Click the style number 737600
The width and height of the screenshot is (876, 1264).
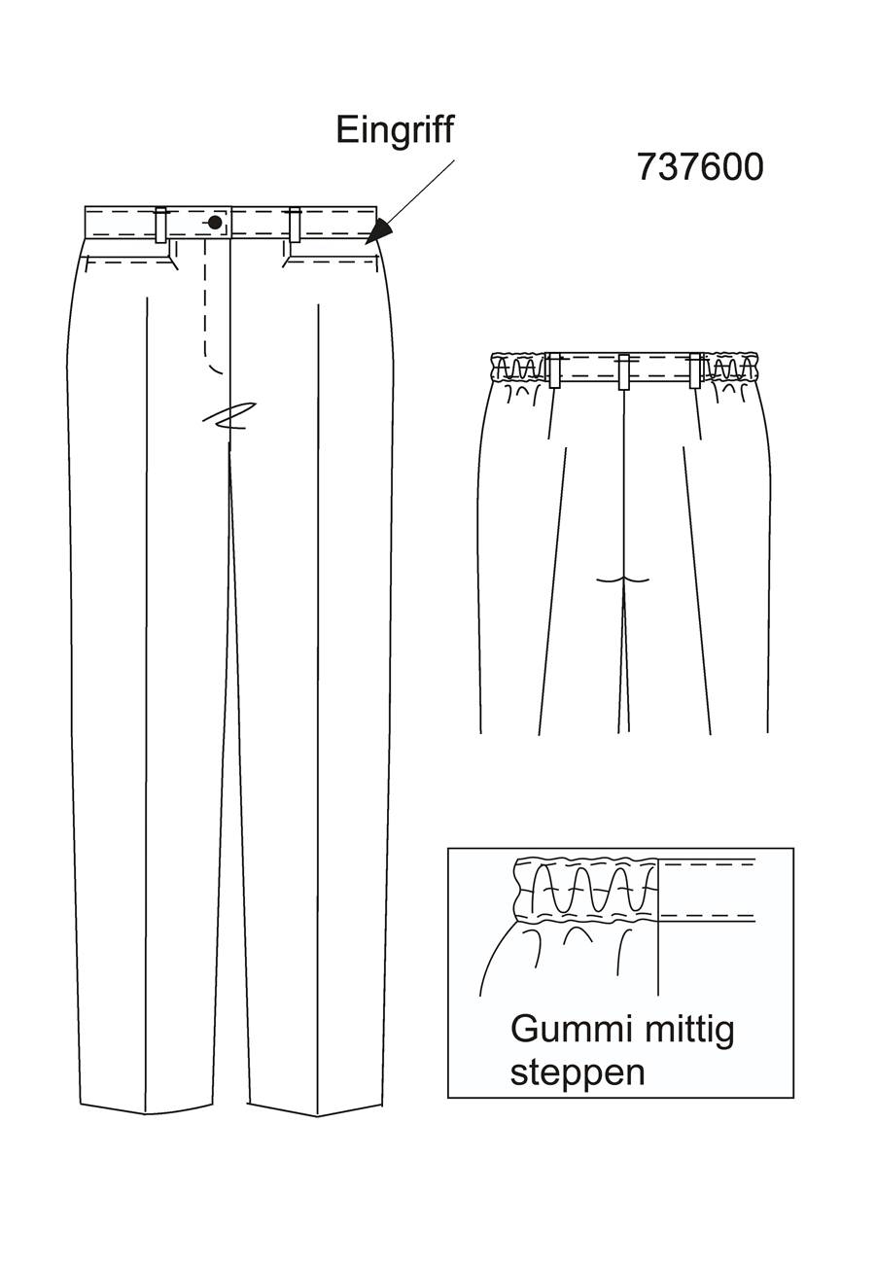pyautogui.click(x=700, y=167)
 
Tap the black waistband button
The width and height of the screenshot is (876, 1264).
pyautogui.click(x=215, y=223)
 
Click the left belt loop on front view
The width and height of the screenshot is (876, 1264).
pyautogui.click(x=161, y=225)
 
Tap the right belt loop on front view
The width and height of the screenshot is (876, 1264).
pyautogui.click(x=294, y=225)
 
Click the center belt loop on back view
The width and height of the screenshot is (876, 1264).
pyautogui.click(x=623, y=371)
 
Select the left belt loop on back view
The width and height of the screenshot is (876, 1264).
pyautogui.click(x=554, y=370)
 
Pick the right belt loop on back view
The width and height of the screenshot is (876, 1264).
pyautogui.click(x=695, y=370)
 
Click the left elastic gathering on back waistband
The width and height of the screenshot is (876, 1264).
pyautogui.click(x=519, y=368)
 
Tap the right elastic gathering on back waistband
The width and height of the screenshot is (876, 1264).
pyautogui.click(x=730, y=368)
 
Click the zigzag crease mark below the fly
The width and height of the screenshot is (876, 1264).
pyautogui.click(x=229, y=416)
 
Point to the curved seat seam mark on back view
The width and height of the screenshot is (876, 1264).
pyautogui.click(x=623, y=579)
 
